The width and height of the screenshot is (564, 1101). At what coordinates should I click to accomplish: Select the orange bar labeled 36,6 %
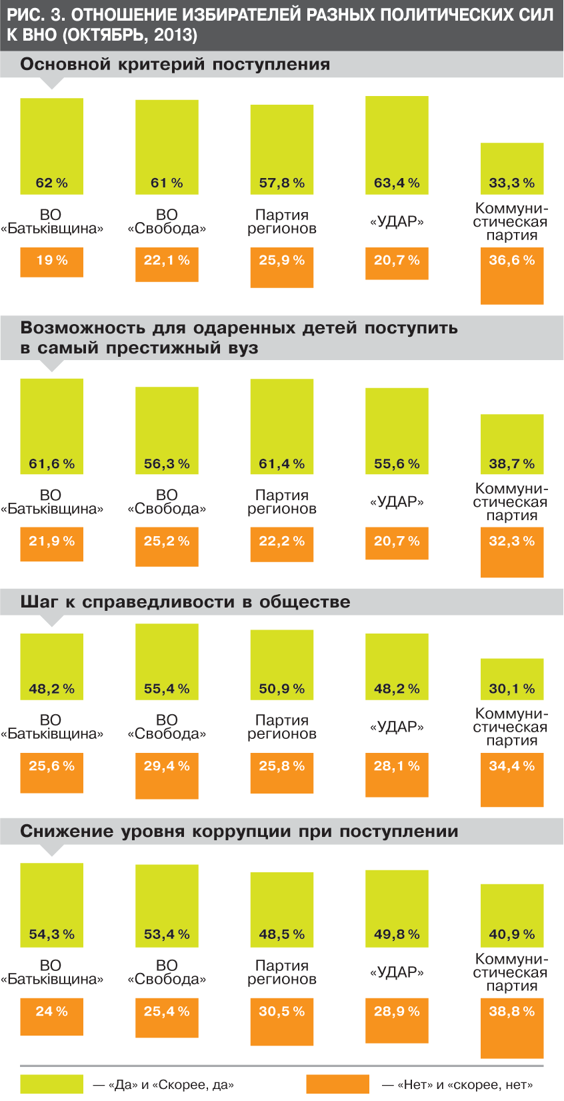(512, 276)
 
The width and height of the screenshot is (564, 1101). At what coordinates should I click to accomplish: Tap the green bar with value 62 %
(52, 147)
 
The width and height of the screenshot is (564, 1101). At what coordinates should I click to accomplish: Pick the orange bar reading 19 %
(52, 262)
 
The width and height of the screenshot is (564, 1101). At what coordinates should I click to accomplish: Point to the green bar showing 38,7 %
(512, 444)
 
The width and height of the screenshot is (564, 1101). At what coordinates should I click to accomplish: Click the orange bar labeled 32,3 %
(512, 552)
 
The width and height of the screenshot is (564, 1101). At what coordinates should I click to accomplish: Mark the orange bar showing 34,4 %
(512, 780)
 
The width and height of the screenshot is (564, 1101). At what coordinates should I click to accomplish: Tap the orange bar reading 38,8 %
(512, 1028)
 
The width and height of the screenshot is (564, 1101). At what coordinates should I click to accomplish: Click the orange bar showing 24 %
(52, 1016)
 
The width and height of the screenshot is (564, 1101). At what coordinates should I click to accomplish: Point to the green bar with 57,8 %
(282, 149)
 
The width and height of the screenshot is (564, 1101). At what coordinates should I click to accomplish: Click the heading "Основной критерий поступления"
(175, 65)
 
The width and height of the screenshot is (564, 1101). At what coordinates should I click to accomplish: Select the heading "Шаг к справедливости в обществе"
(185, 602)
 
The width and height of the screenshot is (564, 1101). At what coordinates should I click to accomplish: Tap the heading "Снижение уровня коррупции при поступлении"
(239, 832)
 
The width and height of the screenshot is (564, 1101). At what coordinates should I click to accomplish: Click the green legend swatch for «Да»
(52, 1084)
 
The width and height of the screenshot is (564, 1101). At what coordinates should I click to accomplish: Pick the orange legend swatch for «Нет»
(337, 1084)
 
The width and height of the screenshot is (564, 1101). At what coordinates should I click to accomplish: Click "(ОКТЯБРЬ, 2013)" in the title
(130, 35)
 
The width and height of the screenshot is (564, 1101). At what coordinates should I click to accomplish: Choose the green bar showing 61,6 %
(52, 427)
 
